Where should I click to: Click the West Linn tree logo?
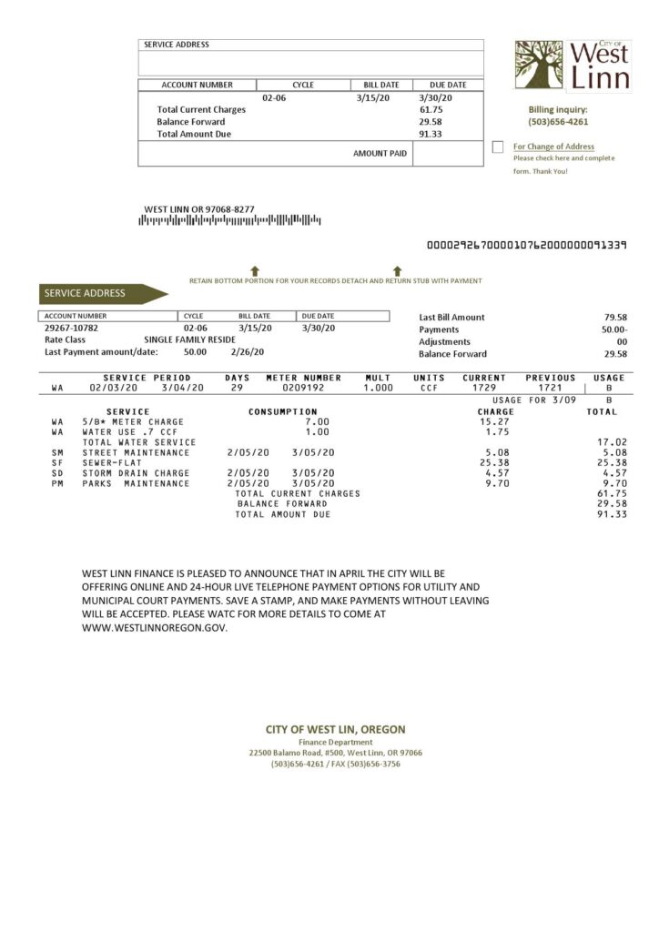point(539,64)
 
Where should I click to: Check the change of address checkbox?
point(497,147)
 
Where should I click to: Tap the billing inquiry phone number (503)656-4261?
point(558,121)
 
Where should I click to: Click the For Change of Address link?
point(553,147)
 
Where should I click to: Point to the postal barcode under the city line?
point(229,220)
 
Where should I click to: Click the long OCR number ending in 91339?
point(526,246)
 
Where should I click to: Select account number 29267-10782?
point(71,328)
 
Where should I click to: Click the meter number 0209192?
point(302,388)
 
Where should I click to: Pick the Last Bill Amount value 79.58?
point(615,317)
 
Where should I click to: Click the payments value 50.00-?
point(613,329)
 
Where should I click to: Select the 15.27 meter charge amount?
point(492,422)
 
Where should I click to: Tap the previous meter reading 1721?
point(550,388)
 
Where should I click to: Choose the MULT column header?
point(377,377)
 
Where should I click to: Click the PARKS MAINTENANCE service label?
point(136,483)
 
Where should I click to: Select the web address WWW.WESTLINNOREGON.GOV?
point(154,627)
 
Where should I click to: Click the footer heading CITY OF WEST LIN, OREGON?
point(335,729)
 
